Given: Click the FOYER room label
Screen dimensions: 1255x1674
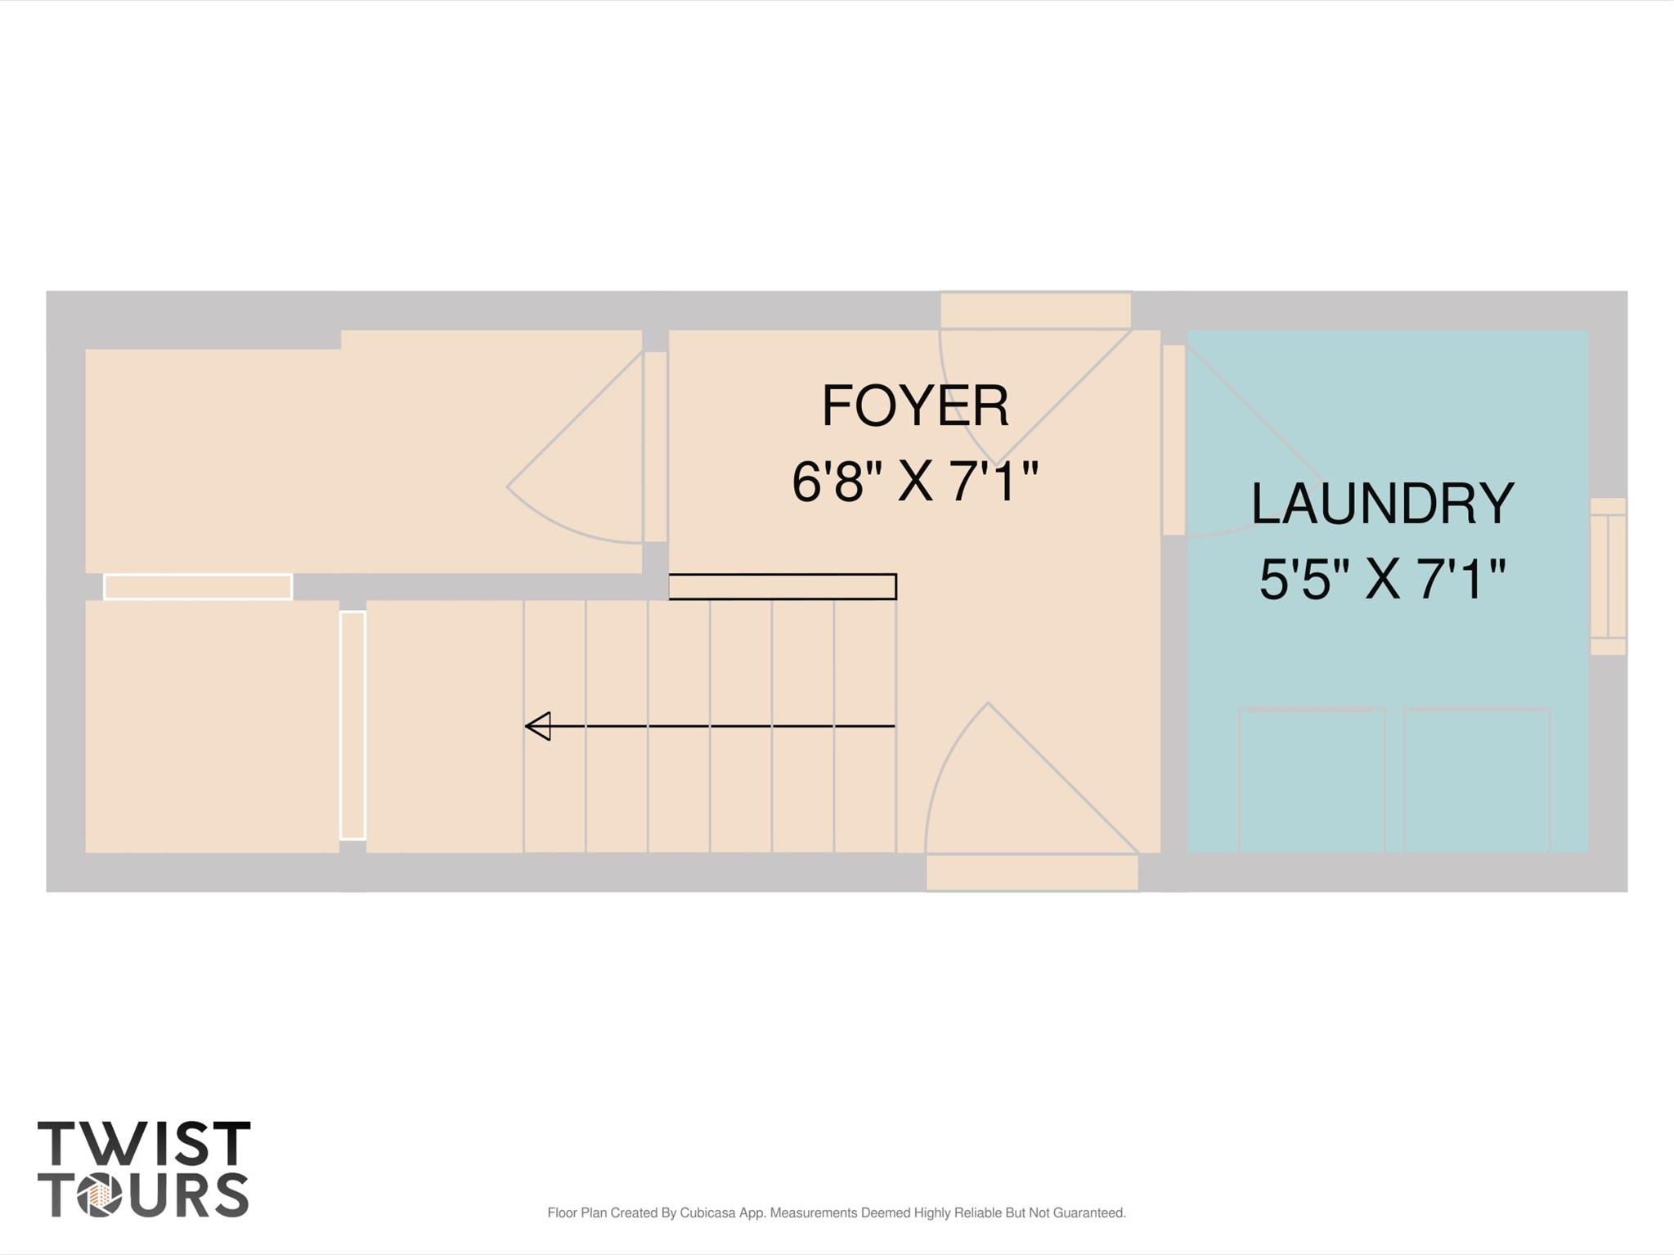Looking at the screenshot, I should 914,406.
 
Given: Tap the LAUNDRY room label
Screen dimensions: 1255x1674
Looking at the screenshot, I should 1382,504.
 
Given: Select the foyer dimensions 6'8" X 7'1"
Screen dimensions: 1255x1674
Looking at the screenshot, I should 914,482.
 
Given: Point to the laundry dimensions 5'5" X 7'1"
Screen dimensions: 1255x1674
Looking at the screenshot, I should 1382,580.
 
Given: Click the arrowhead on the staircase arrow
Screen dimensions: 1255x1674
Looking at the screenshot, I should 538,726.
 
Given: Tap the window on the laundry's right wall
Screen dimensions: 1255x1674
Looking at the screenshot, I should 1607,576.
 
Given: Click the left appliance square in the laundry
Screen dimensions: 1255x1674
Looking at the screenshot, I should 1311,781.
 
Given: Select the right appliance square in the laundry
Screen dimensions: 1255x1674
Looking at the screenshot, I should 1476,781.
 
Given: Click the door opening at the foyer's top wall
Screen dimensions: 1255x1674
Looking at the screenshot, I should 1035,312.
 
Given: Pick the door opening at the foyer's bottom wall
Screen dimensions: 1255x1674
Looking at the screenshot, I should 1031,872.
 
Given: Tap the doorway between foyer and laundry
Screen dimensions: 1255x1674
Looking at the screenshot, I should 1174,440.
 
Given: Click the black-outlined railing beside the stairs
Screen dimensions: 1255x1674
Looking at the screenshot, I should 783,587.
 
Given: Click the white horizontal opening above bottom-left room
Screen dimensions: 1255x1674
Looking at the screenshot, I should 198,587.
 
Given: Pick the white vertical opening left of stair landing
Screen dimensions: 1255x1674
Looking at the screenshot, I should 352,725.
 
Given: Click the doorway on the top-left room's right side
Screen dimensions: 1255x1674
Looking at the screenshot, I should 655,446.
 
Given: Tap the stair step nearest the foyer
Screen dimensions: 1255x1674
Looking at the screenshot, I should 864,726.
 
